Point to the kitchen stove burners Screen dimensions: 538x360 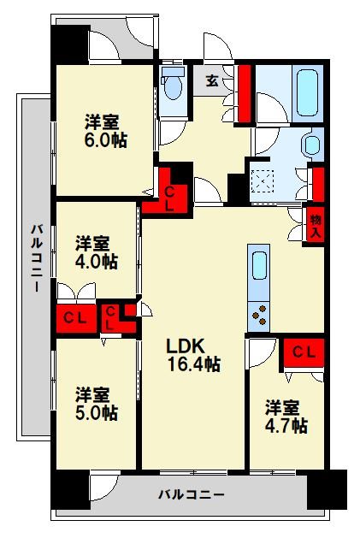click(x=258, y=317)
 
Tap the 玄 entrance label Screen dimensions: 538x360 click(x=211, y=82)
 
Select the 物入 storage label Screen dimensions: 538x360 click(x=316, y=226)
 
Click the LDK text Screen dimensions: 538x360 click(x=185, y=346)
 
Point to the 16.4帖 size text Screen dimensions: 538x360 click(x=192, y=364)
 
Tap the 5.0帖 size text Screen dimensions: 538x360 click(x=95, y=413)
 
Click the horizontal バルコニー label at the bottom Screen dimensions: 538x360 click(x=192, y=495)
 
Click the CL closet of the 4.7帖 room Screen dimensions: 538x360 click(x=304, y=352)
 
